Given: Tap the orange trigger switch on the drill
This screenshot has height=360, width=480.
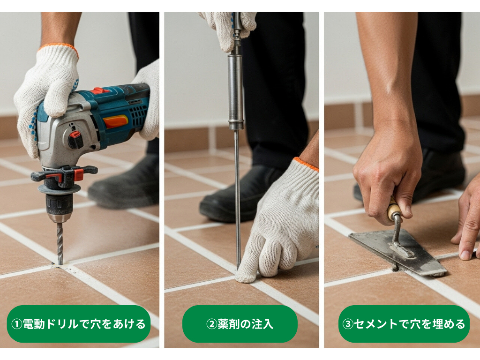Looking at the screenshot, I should coord(115,121).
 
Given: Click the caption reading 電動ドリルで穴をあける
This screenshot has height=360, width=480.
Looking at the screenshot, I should coord(78,324).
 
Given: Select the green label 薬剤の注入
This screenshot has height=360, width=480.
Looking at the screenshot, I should coord(240,324).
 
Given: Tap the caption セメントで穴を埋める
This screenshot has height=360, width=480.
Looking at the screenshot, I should coord(404,324).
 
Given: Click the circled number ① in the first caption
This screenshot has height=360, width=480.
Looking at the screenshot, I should coord(16,324).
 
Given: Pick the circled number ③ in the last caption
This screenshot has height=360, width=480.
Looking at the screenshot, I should coord(348,324).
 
